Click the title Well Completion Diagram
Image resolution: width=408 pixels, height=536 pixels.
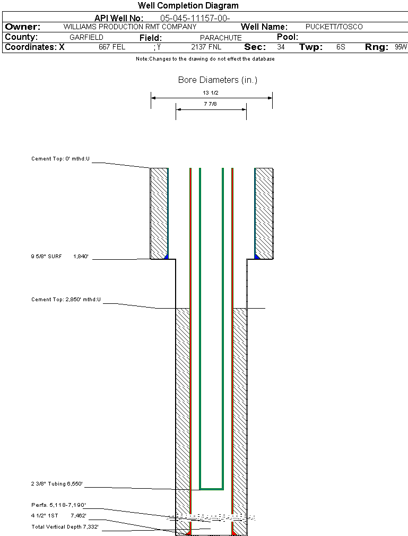(188, 6)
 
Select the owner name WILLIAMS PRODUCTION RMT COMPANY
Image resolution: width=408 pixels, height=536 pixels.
(129, 27)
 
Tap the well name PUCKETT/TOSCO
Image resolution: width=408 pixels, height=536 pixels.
(334, 27)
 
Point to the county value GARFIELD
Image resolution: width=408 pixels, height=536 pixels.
(86, 38)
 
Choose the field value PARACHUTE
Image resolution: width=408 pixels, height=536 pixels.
(221, 38)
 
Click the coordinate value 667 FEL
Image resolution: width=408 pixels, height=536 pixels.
(112, 47)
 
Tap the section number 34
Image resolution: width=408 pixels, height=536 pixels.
(281, 47)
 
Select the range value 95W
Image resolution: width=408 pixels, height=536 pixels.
(401, 47)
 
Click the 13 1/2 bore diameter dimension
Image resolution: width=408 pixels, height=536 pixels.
(211, 92)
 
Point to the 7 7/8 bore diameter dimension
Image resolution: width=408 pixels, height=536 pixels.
(211, 105)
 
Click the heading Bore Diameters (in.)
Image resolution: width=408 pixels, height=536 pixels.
(218, 80)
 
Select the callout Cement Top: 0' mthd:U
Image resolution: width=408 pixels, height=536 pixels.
(61, 159)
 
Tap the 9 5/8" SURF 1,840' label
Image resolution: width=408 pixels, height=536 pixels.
(59, 257)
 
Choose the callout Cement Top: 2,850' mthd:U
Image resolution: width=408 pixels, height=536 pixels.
(66, 300)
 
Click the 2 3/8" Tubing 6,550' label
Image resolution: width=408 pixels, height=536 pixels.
(57, 484)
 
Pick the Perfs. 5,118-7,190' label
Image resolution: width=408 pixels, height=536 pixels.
(58, 505)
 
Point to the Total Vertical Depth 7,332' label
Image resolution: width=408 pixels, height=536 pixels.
(65, 527)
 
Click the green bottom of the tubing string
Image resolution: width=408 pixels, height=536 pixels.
(211, 488)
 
